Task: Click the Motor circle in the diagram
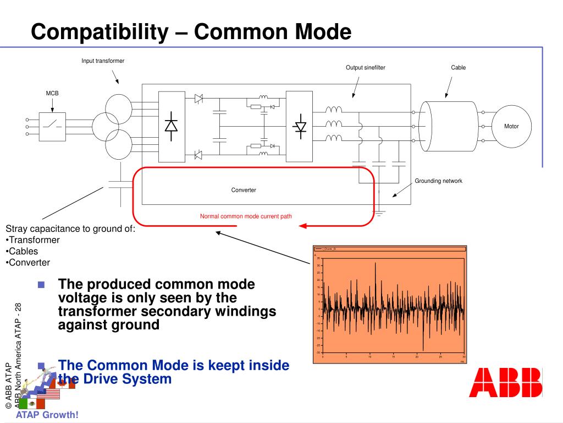(511, 127)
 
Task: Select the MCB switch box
(53, 126)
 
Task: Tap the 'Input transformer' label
(103, 61)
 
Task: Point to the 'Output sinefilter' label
(366, 67)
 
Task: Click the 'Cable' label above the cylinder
(458, 67)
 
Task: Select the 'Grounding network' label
(438, 181)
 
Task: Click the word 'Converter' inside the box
(244, 190)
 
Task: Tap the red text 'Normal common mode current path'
(246, 216)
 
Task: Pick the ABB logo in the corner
(505, 383)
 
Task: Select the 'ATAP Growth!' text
(47, 415)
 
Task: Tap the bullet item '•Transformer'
(32, 240)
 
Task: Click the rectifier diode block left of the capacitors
(171, 126)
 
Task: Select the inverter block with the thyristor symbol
(300, 126)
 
